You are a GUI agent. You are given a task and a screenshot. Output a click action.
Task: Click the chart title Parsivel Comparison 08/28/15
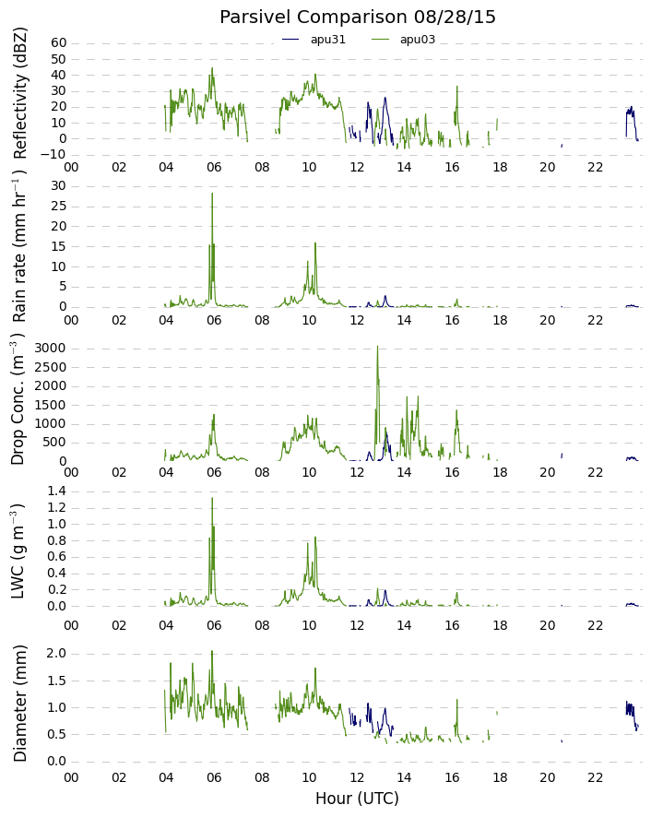tap(357, 18)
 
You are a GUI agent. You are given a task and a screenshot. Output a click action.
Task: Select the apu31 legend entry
tap(314, 40)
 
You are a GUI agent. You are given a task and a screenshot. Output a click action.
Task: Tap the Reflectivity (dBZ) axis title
tap(19, 94)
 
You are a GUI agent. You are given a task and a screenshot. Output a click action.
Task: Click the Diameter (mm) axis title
tap(19, 704)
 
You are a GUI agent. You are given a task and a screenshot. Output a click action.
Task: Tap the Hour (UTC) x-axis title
tap(357, 799)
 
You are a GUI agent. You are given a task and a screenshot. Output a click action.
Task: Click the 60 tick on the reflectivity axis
tap(59, 43)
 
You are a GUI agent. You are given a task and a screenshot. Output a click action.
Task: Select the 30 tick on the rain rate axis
tap(59, 186)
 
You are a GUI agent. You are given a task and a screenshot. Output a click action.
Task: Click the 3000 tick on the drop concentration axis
tap(51, 349)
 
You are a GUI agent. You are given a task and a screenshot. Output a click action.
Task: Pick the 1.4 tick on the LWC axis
tap(56, 491)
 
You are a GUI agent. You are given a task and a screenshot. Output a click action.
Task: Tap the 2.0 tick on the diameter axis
tap(56, 654)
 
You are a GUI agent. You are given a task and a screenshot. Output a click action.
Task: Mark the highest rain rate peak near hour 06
tap(212, 194)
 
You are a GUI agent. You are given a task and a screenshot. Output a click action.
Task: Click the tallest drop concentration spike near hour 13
tap(378, 347)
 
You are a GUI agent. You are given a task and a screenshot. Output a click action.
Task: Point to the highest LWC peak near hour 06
tap(212, 498)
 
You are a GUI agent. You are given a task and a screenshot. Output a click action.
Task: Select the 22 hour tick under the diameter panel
tap(596, 778)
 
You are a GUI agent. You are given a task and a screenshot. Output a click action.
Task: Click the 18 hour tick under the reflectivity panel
tap(500, 167)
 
